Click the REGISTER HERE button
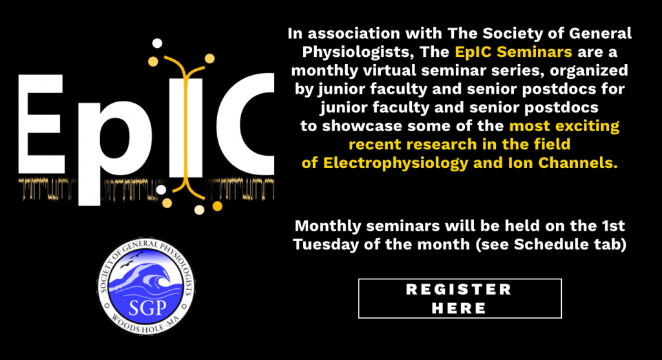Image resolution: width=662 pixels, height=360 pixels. coord(460,299)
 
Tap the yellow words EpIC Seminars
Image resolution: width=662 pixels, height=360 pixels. coord(513,52)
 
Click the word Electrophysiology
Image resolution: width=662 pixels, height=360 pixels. coord(396,164)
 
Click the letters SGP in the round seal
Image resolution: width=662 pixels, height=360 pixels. coord(147,308)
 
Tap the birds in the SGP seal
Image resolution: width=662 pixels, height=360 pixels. coord(132,259)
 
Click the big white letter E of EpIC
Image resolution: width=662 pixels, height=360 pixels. coord(41,124)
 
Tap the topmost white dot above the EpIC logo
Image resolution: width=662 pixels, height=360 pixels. coord(157,43)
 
